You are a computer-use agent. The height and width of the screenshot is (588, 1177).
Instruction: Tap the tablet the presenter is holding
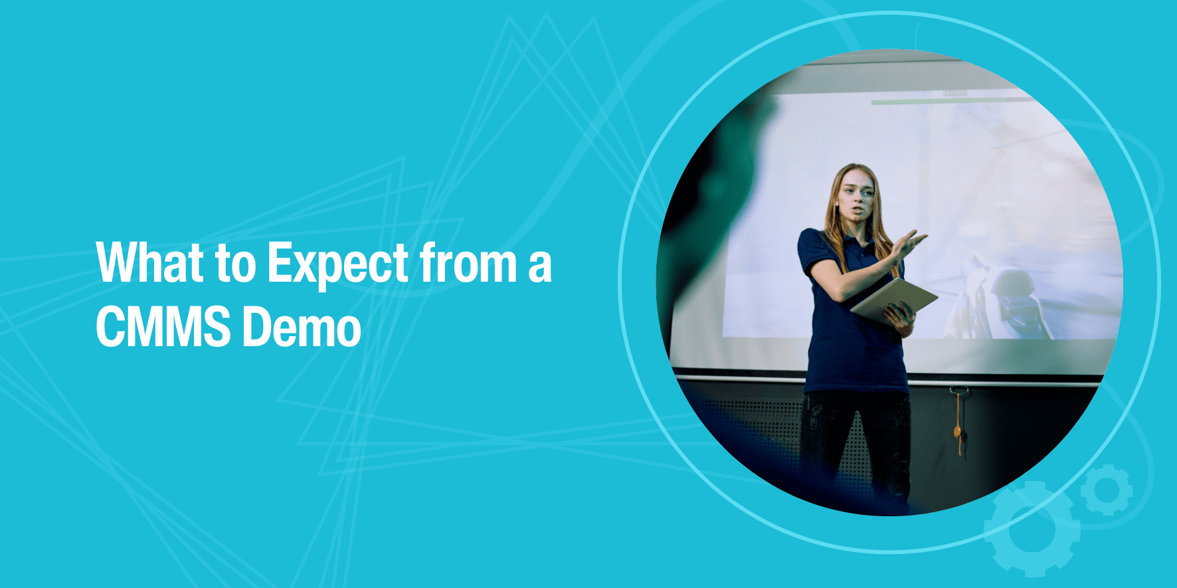pyautogui.click(x=893, y=300)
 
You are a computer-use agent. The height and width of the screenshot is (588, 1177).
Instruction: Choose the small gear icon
pyautogui.click(x=1106, y=490)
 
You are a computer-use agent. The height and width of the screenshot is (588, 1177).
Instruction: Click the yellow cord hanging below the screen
pyautogui.click(x=958, y=423)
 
